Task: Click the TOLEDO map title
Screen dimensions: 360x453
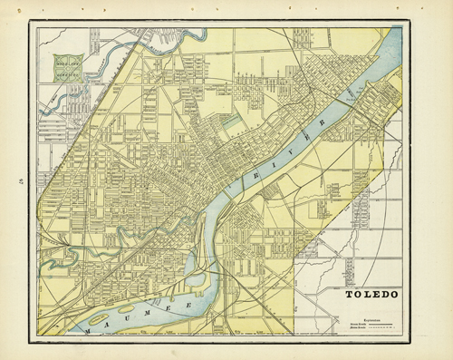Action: (x=371, y=294)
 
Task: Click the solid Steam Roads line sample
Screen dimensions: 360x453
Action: (x=381, y=325)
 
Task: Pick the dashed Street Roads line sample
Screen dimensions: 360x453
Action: (x=381, y=328)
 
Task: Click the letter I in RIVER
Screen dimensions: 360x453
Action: (x=275, y=164)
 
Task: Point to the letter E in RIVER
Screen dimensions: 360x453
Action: (x=306, y=138)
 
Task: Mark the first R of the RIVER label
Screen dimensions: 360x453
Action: (x=255, y=176)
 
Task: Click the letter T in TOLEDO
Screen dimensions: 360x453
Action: (x=349, y=294)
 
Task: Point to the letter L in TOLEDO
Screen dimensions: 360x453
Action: (x=368, y=294)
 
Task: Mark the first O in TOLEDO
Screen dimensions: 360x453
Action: (x=358, y=294)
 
